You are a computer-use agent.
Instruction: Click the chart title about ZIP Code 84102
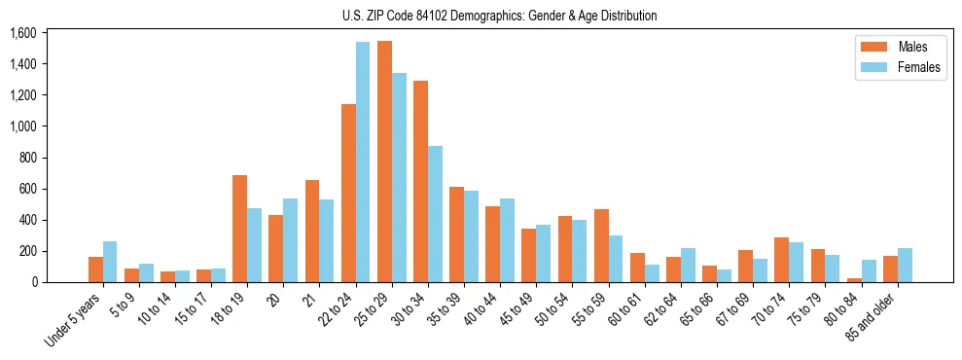[x=500, y=16]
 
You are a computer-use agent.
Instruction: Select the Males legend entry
[x=899, y=47]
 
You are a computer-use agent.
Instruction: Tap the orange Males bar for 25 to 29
[x=384, y=162]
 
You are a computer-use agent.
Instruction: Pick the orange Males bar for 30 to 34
[x=420, y=182]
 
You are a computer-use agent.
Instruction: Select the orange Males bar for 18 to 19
[x=240, y=229]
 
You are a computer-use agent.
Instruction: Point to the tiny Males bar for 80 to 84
[x=853, y=279]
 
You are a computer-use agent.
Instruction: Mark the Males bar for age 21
[x=312, y=231]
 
